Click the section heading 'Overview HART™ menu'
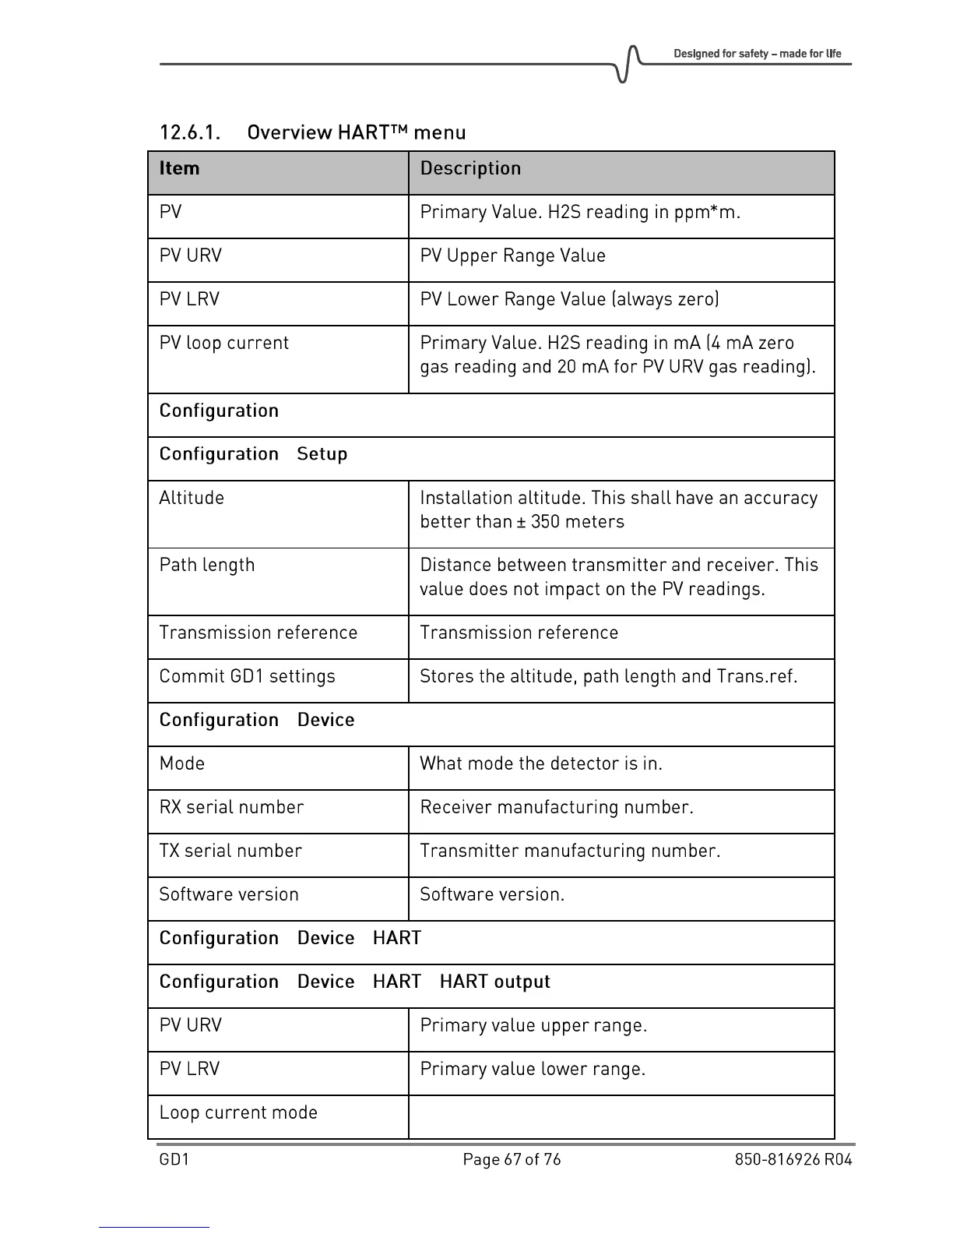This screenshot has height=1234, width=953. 356,132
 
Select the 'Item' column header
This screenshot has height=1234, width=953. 179,169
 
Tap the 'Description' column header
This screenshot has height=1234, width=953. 470,169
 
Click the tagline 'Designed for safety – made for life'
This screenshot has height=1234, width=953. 757,54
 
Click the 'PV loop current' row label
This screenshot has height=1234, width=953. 224,344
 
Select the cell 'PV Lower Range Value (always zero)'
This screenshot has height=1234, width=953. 569,300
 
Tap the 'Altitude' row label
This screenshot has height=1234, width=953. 192,499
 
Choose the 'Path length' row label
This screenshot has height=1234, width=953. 207,566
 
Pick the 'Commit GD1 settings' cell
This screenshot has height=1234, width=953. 248,676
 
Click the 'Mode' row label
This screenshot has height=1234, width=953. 182,763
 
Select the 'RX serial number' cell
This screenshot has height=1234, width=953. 231,807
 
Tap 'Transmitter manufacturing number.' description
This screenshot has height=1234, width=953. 570,851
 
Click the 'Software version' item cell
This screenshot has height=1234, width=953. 229,894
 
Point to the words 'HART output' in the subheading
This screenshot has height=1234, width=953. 494,982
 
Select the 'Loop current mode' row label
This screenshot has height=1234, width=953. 238,1112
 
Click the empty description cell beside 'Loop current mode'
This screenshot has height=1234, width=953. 621,1116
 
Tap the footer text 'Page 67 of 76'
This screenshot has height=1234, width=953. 512,1159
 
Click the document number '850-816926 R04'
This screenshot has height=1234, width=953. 793,1159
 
